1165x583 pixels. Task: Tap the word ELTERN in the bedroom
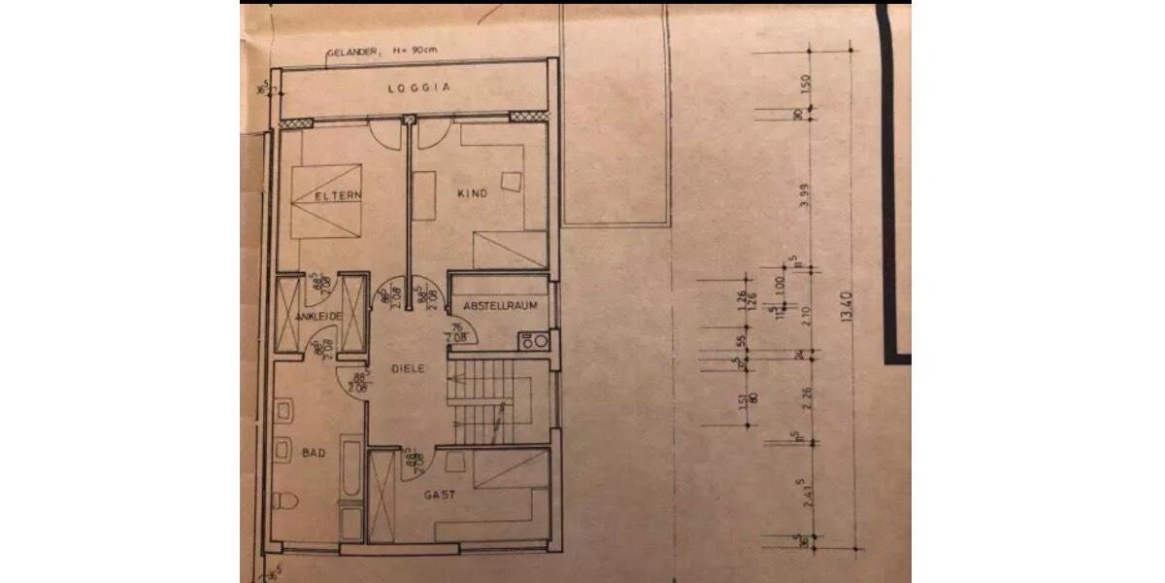(x=338, y=195)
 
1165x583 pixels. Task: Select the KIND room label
(x=472, y=194)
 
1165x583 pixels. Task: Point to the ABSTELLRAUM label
(x=499, y=305)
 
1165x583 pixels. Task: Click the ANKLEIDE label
(x=319, y=317)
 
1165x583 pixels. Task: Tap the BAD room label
(x=313, y=453)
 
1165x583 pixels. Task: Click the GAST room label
(x=440, y=495)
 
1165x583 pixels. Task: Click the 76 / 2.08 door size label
(x=456, y=333)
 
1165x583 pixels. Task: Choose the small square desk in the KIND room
(x=512, y=180)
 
